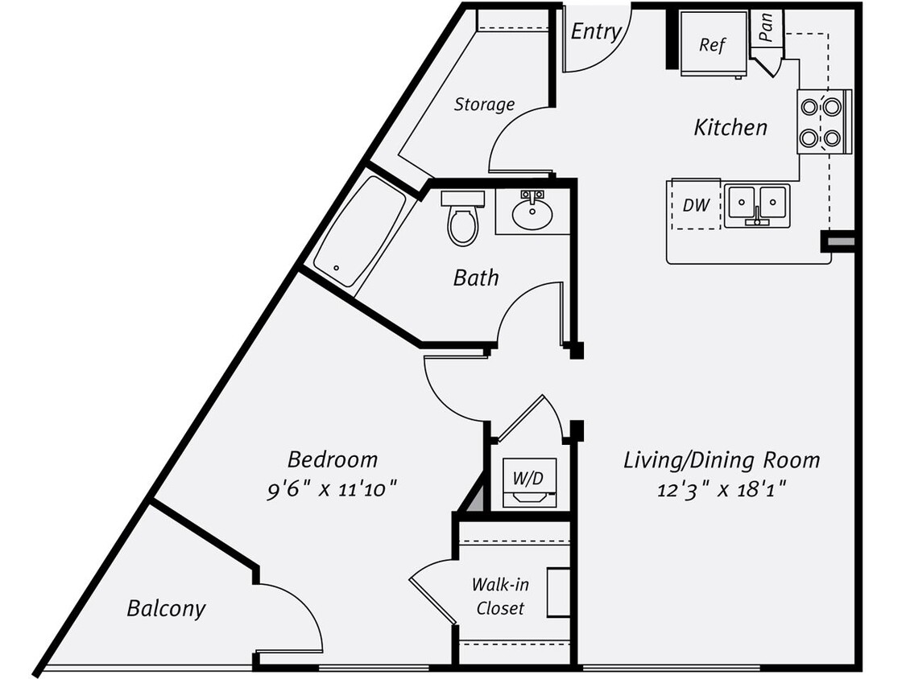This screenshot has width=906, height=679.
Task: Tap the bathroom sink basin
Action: pos(532,213)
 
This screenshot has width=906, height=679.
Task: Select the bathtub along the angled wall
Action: pos(360,231)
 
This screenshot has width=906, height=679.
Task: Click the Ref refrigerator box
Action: pos(711,45)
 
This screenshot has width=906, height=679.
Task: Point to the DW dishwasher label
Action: pos(696,205)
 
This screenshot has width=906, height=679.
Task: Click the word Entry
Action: pos(595,31)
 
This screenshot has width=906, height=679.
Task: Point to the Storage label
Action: pos(484,104)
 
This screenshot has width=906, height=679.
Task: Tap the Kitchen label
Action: pos(730,127)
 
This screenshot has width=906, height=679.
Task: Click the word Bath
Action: pos(476,278)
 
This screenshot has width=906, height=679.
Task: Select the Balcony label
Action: pos(166,608)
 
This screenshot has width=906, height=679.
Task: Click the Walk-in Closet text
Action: pos(500,595)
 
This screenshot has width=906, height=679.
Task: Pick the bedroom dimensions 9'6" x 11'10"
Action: pos(333,488)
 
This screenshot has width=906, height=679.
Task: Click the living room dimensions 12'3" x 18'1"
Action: pos(722,488)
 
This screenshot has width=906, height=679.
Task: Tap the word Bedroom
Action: pos(333,459)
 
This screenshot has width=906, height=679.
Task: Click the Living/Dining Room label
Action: pos(722,460)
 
